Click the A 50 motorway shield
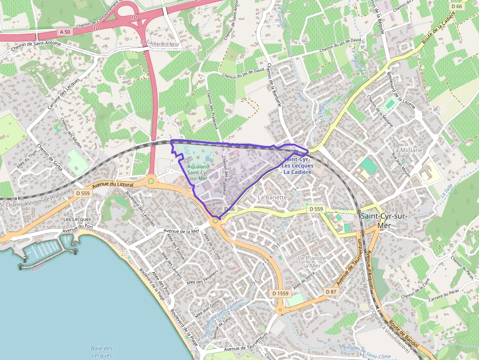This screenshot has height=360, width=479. click(64, 31)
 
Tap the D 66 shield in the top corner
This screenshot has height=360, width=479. click(457, 6)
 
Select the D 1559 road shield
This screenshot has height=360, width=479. click(280, 293)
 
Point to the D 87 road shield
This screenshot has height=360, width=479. click(331, 292)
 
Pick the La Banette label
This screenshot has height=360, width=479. click(272, 197)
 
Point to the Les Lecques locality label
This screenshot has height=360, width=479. click(77, 219)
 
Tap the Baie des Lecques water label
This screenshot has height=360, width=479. click(102, 352)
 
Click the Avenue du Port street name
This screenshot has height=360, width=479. click(78, 227)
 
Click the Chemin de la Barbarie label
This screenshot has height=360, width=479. click(270, 85)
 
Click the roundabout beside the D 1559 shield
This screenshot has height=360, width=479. click(281, 309)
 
